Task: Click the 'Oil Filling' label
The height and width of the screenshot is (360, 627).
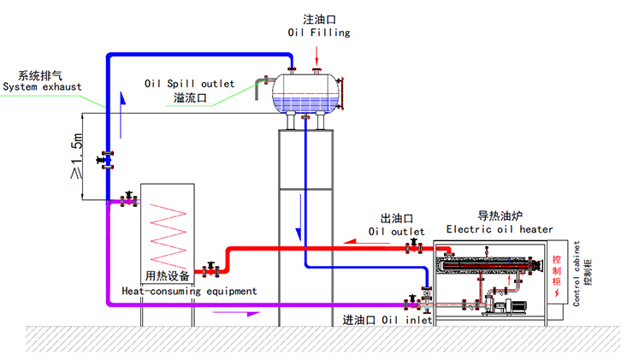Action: coord(318,32)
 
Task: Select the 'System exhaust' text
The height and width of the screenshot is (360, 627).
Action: coord(42,86)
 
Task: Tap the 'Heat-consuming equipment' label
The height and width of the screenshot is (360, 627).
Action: coord(189,291)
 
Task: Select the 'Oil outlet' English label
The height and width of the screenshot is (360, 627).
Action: coord(396,231)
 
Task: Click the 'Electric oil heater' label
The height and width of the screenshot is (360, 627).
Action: coord(500,229)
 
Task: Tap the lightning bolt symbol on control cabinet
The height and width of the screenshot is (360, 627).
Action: coord(558,293)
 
